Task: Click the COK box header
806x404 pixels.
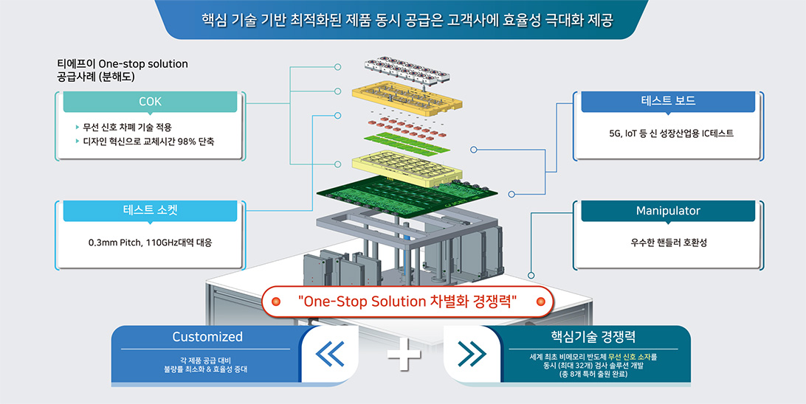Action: coord(150,102)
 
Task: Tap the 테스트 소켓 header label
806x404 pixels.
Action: coord(150,210)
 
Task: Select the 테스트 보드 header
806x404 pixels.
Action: coord(668,101)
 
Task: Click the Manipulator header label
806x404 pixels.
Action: coord(668,210)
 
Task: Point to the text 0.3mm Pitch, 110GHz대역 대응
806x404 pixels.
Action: coord(150,243)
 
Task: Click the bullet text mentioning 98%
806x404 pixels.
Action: coord(148,141)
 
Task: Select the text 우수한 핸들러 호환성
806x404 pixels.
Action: coord(669,243)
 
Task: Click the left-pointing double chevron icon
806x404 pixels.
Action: coord(329,354)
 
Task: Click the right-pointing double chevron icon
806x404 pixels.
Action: coord(472,354)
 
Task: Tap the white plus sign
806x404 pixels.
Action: coord(404,354)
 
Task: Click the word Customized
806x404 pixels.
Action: coord(207,337)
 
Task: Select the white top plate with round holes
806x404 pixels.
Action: coord(408,69)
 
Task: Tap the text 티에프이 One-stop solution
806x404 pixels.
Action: coord(123,64)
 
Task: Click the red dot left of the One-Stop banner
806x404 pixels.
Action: coord(276,302)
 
